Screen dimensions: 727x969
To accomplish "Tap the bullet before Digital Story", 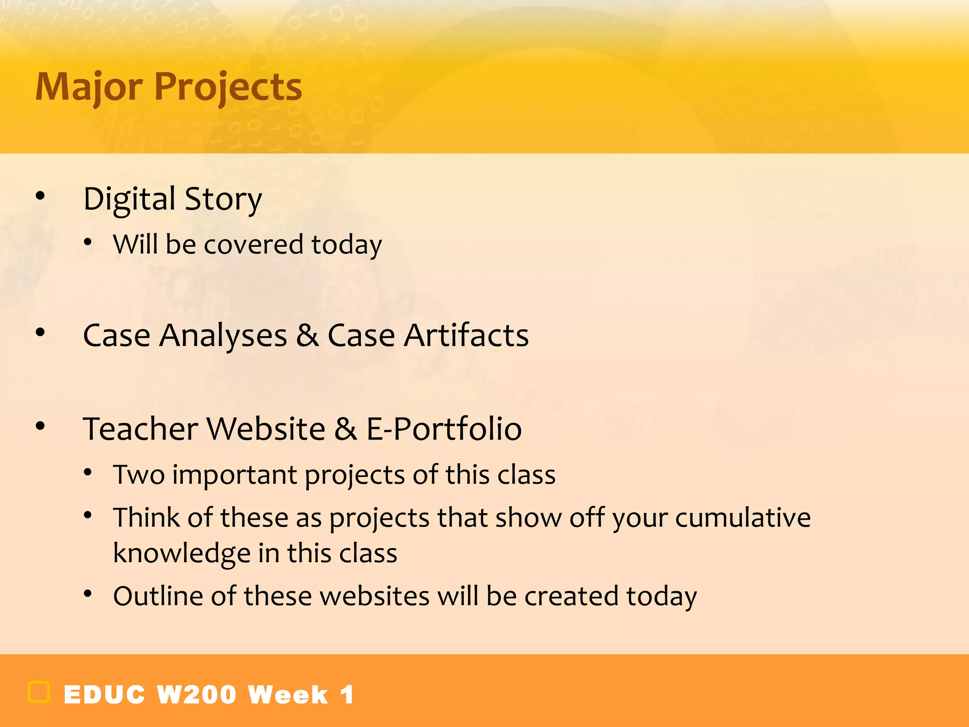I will [40, 195].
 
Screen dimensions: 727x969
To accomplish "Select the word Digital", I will [129, 199].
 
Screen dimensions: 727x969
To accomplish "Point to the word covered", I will [253, 245].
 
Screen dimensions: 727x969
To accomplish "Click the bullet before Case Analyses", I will [40, 333].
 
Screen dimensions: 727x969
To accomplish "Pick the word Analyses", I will [223, 336].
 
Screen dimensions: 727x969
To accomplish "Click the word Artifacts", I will [466, 336].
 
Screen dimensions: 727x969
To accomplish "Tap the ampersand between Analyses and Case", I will [307, 336].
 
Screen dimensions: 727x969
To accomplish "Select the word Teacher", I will [141, 429].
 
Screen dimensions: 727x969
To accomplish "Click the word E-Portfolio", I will [444, 429].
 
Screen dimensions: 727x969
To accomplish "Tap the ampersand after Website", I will [345, 429].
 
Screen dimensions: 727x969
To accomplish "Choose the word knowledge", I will [182, 554].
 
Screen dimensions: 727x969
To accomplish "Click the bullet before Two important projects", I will [88, 472].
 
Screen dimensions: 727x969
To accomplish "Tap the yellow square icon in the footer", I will [39, 692].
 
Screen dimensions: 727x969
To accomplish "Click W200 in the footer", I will [196, 695].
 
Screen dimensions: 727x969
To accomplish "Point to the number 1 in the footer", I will [347, 695].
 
